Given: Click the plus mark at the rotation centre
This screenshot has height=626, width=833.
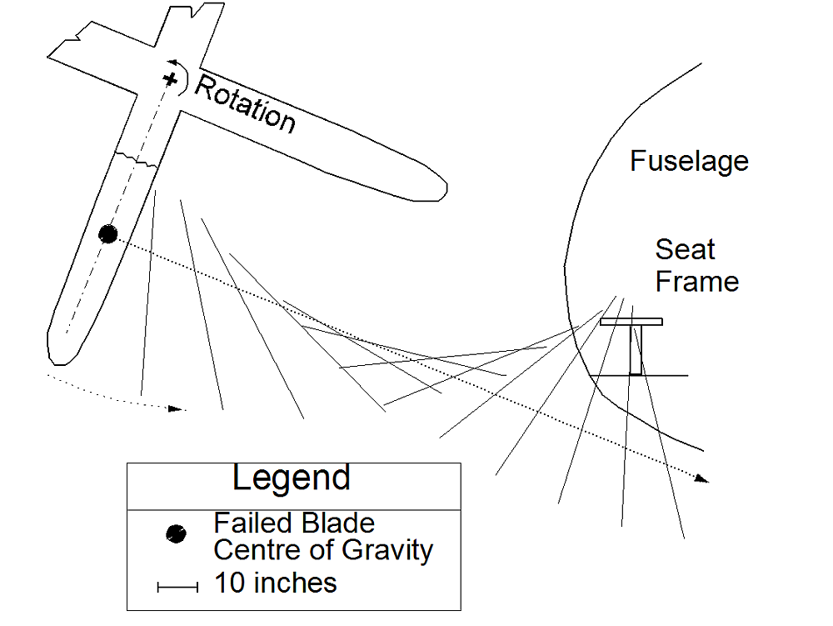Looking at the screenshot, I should click(x=170, y=79).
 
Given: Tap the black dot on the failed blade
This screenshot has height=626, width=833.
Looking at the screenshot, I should click(x=107, y=234).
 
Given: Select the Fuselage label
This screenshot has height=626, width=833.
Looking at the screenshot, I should click(x=689, y=160).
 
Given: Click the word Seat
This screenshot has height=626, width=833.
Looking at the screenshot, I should click(x=685, y=249).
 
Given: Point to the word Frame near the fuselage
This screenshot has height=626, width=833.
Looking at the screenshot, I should click(x=696, y=281).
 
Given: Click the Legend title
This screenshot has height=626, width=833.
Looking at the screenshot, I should click(x=292, y=478).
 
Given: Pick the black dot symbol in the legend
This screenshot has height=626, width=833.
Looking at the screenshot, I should click(x=175, y=533).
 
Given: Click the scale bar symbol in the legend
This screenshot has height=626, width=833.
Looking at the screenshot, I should click(x=177, y=588).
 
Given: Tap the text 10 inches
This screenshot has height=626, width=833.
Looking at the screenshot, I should click(x=276, y=583).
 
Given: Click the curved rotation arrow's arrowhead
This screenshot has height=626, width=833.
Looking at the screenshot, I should click(x=173, y=63).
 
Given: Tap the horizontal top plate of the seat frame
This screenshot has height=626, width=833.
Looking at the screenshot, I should click(x=631, y=322).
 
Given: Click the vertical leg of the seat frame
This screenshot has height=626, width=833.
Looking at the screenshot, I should click(x=636, y=350).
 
